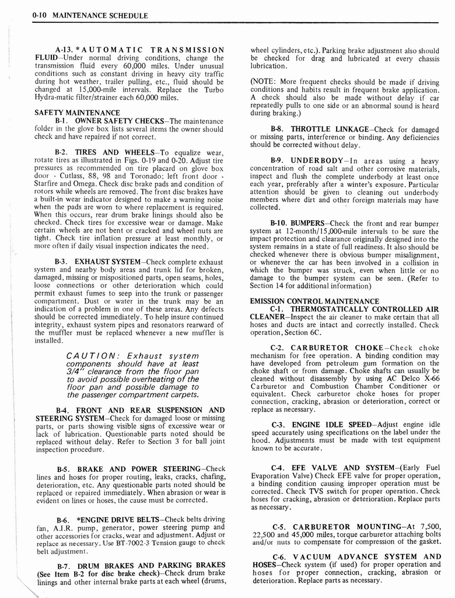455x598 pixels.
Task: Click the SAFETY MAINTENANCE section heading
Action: pyautogui.click(x=77, y=112)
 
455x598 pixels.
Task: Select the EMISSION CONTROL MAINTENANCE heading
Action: pyautogui.click(x=314, y=301)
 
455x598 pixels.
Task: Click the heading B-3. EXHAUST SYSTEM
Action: pyautogui.click(x=100, y=261)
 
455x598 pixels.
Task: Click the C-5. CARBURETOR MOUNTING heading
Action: pyautogui.click(x=342, y=526)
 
